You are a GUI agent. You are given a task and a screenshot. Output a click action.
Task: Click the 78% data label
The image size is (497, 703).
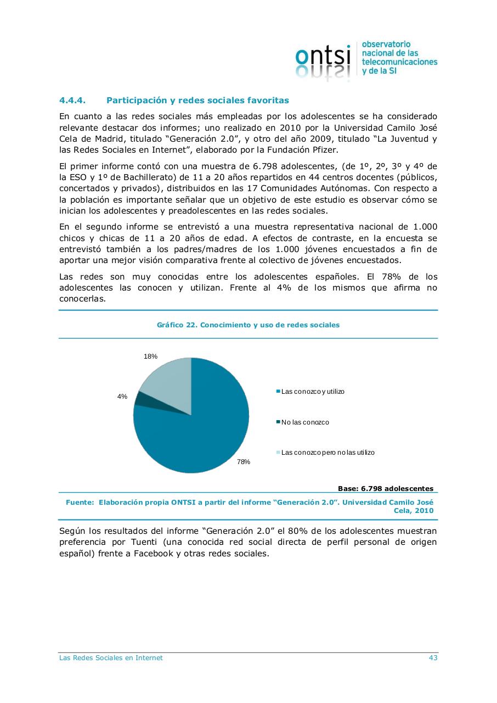[244, 462]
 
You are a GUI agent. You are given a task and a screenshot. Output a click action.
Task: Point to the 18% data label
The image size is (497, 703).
[150, 356]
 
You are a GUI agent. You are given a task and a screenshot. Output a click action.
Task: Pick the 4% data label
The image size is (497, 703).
[122, 397]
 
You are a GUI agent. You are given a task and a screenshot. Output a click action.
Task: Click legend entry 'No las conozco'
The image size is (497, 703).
[305, 422]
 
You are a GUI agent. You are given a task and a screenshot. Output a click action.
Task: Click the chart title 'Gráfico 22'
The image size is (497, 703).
[248, 325]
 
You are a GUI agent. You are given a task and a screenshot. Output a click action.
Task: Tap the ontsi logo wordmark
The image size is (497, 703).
[323, 57]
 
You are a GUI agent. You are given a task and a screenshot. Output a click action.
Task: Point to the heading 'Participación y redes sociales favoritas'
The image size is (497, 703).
[197, 101]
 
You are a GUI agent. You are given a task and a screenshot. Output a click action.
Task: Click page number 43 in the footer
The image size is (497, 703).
[433, 658]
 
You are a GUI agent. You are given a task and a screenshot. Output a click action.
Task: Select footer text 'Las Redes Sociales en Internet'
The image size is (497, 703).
[111, 658]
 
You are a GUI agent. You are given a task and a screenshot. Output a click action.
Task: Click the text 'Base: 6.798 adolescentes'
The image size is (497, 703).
[386, 488]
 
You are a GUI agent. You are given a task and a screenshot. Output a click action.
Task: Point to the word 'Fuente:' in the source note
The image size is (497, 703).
[80, 502]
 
